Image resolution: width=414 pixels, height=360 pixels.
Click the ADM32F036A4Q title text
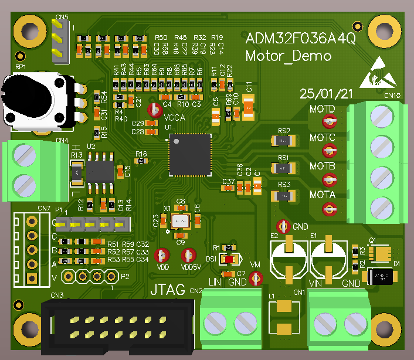tap(300, 39)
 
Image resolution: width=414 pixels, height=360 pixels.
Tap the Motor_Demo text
tap(288, 56)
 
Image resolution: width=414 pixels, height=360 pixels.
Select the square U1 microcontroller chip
tap(189, 154)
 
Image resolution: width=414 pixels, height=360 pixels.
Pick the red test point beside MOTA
tap(330, 208)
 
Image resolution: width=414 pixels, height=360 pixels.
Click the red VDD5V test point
tap(188, 255)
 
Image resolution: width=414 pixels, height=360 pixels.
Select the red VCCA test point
tap(155, 109)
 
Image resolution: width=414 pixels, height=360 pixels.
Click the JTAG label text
tap(168, 290)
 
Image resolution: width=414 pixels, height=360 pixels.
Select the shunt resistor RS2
tap(284, 141)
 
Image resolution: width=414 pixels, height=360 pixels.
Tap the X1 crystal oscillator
tap(180, 221)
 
